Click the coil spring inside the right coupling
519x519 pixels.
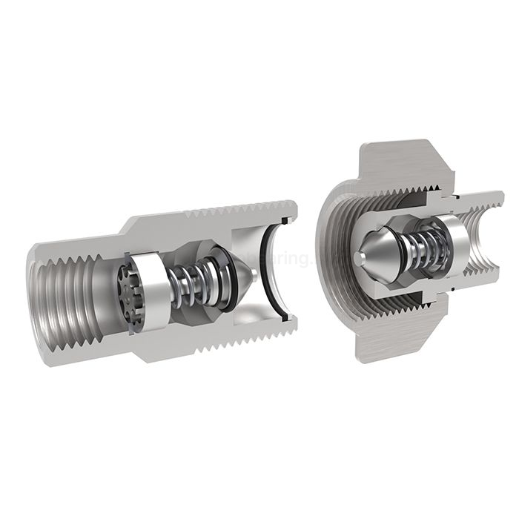(419, 249)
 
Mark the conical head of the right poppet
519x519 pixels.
(378, 256)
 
